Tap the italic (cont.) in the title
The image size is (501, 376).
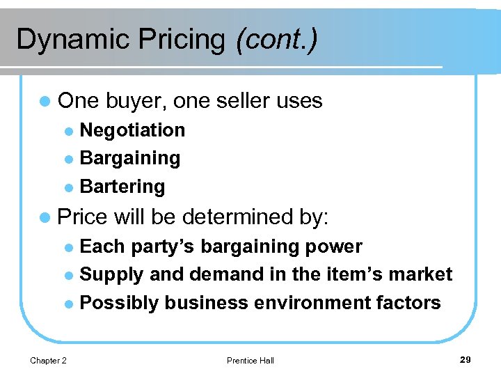coord(277,40)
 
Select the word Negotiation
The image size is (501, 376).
coord(132,130)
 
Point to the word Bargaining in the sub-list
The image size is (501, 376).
coord(130,159)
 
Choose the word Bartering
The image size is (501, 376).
coord(122,187)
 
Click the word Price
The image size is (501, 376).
coord(83,217)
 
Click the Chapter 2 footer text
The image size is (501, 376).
coord(48,360)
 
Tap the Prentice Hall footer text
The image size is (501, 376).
coord(250,361)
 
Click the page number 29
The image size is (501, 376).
coord(466,359)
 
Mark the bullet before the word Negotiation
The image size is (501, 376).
coord(67,131)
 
